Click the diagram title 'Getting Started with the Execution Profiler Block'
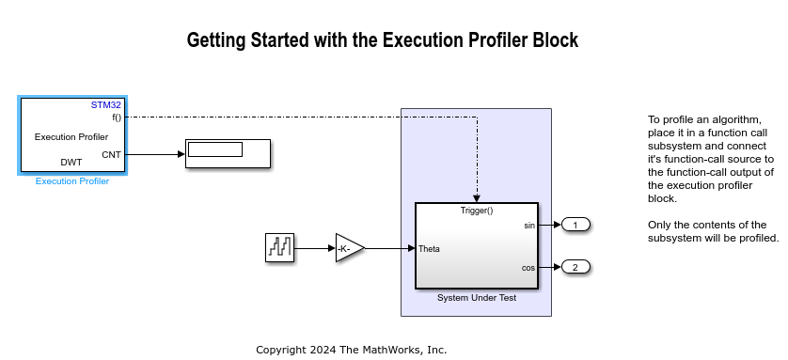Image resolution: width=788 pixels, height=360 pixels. click(382, 40)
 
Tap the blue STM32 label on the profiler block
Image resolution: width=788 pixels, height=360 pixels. click(106, 105)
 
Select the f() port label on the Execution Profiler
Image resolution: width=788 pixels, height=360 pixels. click(117, 117)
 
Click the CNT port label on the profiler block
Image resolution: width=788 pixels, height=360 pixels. click(111, 154)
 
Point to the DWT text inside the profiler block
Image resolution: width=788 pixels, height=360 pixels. click(71, 162)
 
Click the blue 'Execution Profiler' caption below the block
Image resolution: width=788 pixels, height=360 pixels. click(72, 181)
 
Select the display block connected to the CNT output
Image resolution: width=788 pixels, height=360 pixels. click(228, 153)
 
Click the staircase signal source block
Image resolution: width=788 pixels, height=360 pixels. click(280, 248)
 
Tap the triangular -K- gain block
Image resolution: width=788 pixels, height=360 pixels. click(349, 248)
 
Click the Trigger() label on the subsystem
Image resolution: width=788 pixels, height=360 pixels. click(477, 210)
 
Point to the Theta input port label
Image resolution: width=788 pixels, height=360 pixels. click(429, 248)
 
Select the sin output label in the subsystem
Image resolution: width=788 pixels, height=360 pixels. click(528, 226)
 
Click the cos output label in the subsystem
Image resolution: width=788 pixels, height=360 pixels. click(528, 268)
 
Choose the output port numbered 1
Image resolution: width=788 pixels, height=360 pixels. click(575, 225)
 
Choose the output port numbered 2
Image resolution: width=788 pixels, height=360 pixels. click(575, 267)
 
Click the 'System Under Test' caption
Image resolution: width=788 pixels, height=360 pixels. click(476, 298)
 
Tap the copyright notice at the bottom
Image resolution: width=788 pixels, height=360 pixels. click(352, 350)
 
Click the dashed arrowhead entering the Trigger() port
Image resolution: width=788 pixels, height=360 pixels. click(477, 198)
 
